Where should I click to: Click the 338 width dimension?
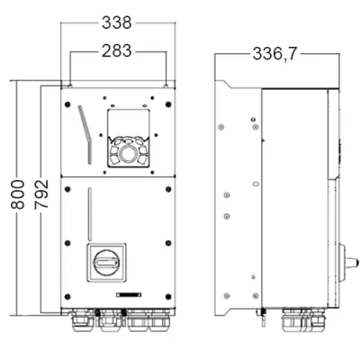117,22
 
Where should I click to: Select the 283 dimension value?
117,51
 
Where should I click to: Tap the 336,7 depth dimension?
274,54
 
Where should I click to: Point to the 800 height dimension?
18,194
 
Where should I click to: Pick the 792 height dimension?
41,194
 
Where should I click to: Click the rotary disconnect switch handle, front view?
106,263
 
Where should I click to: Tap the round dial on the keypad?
129,153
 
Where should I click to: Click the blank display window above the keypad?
129,124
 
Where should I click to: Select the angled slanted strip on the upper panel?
85,135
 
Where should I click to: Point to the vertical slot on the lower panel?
90,213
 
